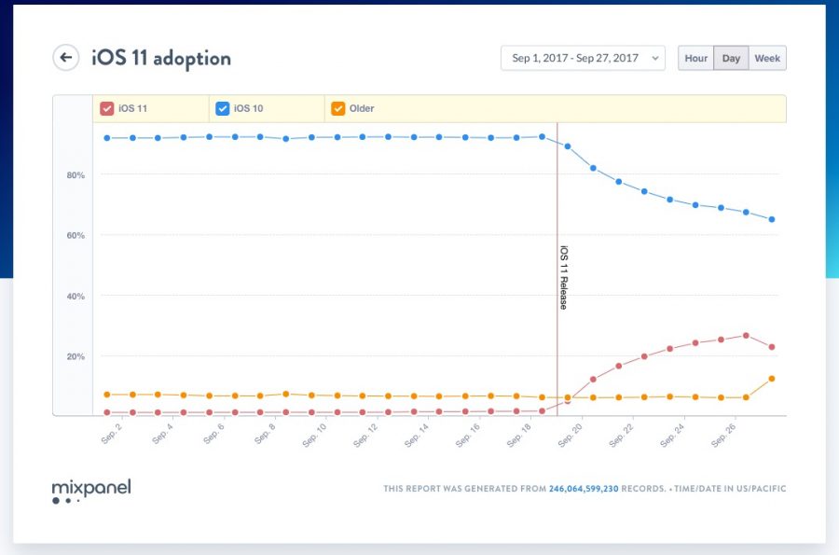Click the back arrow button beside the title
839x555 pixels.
[65, 58]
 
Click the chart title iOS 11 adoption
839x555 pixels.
[161, 58]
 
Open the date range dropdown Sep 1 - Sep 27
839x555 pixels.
[583, 58]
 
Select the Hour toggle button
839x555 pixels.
[695, 58]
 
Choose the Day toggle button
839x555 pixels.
[731, 58]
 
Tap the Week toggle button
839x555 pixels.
[767, 58]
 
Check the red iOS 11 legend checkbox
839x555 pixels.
[106, 108]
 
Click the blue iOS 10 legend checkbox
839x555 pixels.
[222, 108]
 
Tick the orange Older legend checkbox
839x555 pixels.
[337, 108]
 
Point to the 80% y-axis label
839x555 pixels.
[76, 175]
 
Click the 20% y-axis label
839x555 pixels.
[76, 356]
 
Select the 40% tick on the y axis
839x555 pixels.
[76, 297]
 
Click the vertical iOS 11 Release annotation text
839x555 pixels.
[563, 277]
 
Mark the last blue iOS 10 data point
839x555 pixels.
[772, 219]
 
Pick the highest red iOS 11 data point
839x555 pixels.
[746, 336]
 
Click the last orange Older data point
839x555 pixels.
[772, 379]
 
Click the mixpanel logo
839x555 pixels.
[90, 489]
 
